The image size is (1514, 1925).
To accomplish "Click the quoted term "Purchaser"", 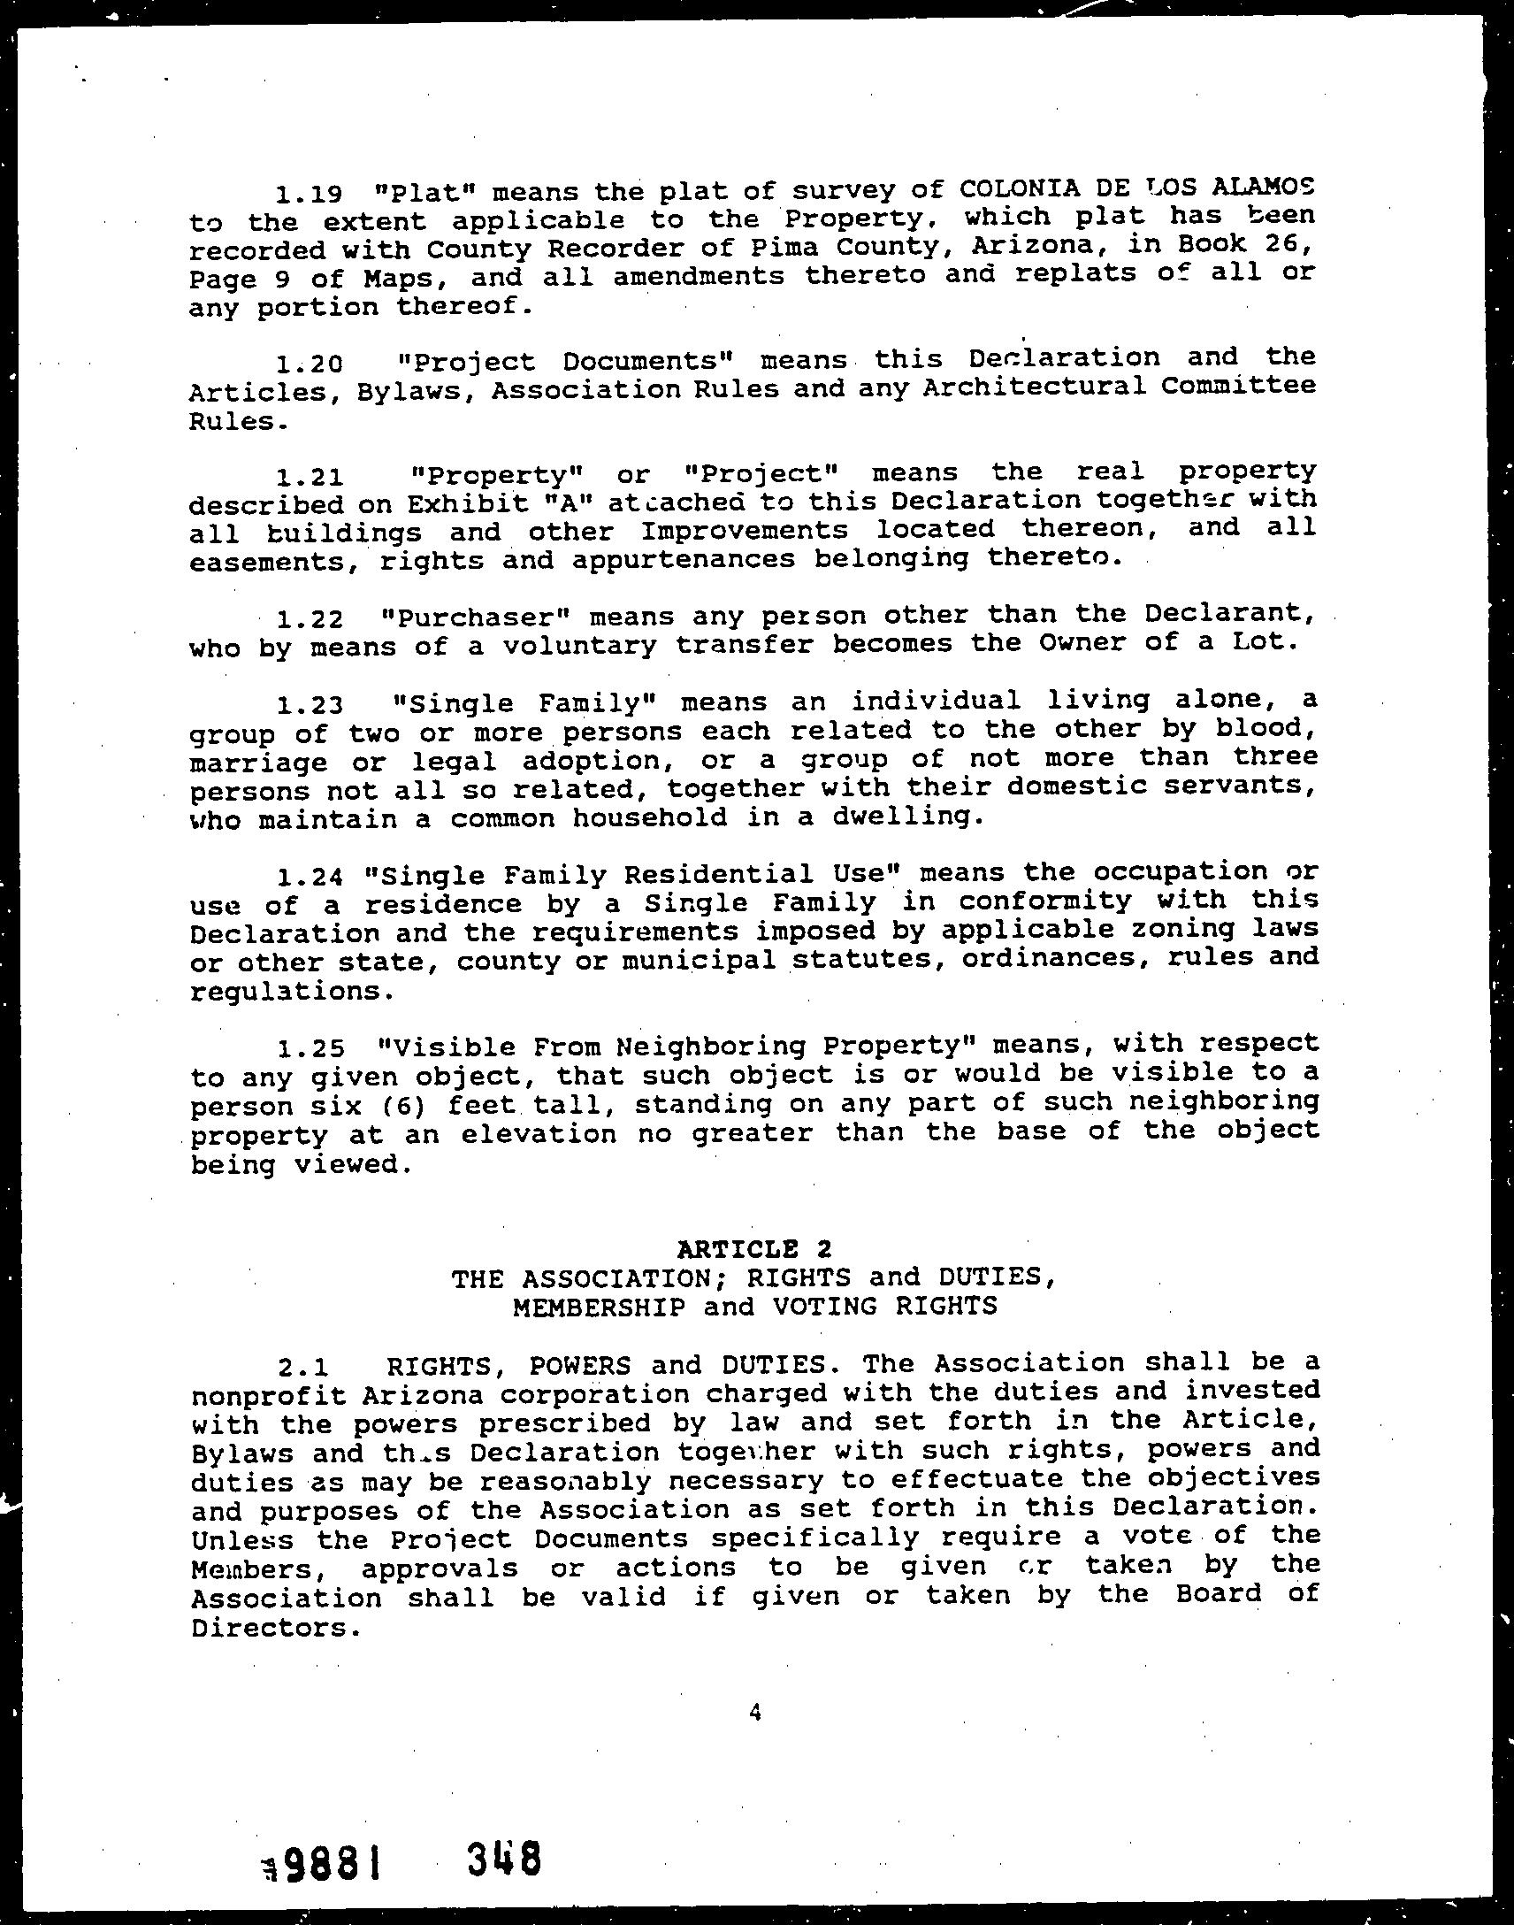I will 472,617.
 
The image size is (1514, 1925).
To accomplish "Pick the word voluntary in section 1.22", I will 579,645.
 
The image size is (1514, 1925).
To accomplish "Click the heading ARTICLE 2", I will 754,1249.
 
